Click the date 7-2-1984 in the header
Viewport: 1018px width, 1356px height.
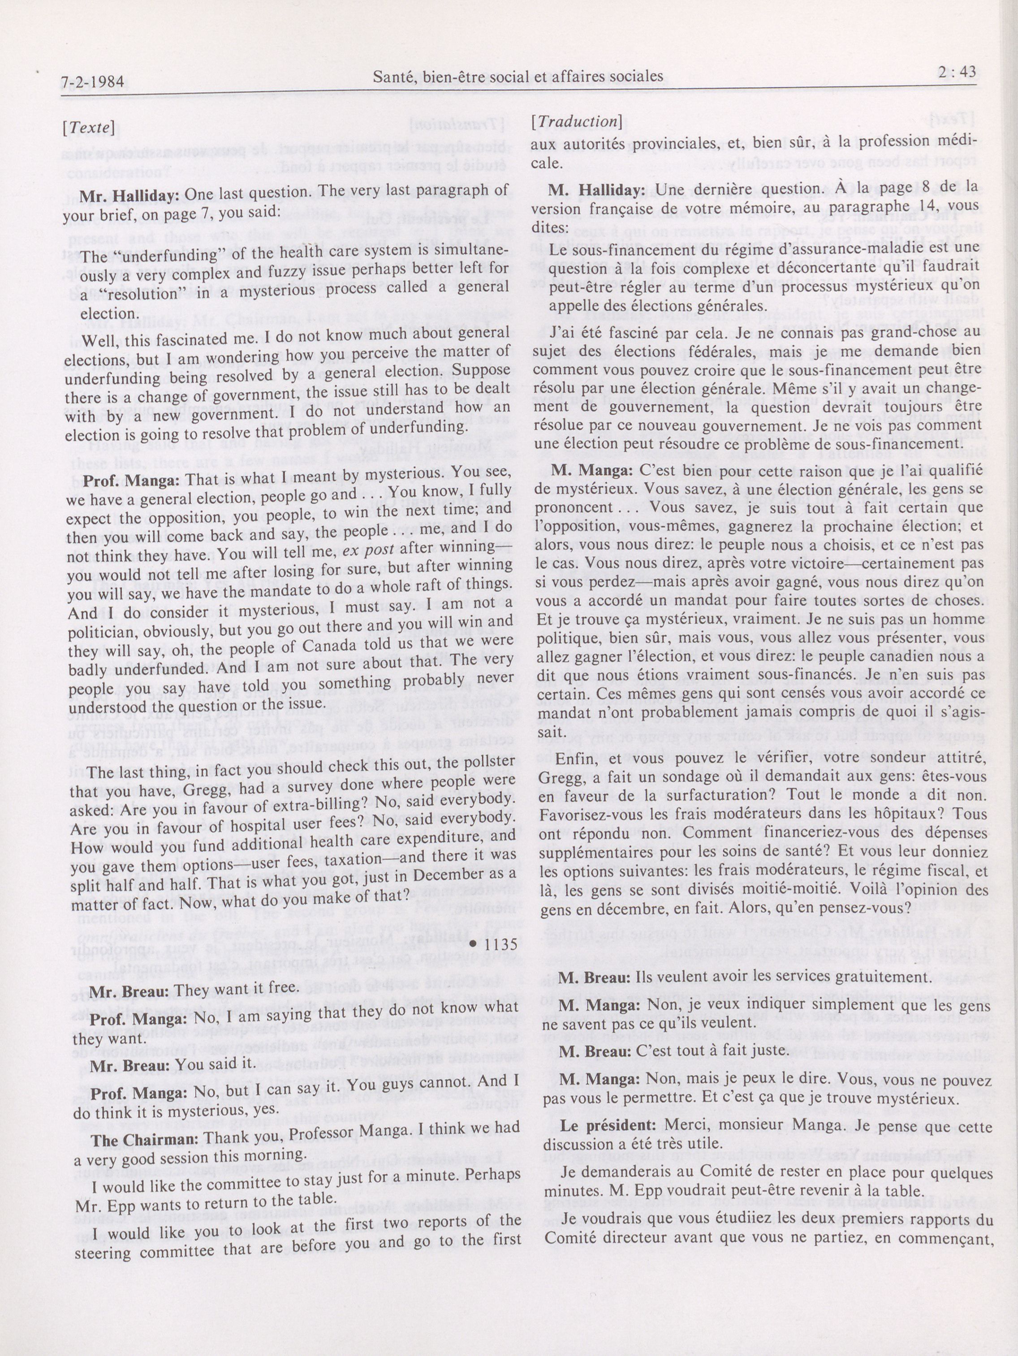(x=93, y=82)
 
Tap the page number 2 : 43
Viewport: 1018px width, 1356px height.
(x=957, y=73)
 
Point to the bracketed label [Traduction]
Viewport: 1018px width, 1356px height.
(x=577, y=121)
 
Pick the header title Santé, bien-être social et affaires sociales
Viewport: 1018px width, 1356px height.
(x=518, y=77)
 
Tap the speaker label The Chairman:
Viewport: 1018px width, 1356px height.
(x=145, y=1140)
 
